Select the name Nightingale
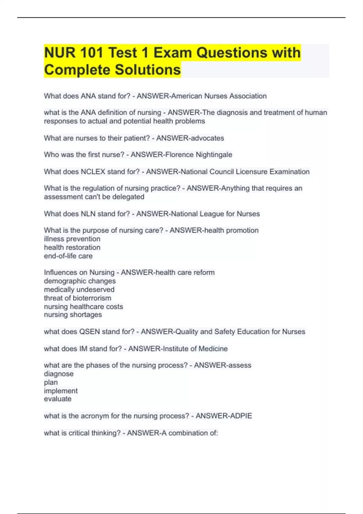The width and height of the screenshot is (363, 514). pos(214,155)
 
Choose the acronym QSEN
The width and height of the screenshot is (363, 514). pos(89,332)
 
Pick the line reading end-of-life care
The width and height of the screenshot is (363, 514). pos(68,256)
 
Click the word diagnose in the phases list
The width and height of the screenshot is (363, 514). pos(59,374)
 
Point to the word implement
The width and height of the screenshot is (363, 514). pos(61,391)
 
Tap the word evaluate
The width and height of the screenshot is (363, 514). pos(58,399)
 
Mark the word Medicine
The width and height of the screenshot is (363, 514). pos(213,349)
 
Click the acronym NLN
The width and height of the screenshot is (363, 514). pos(88,214)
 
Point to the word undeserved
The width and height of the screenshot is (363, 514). pos(96,290)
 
